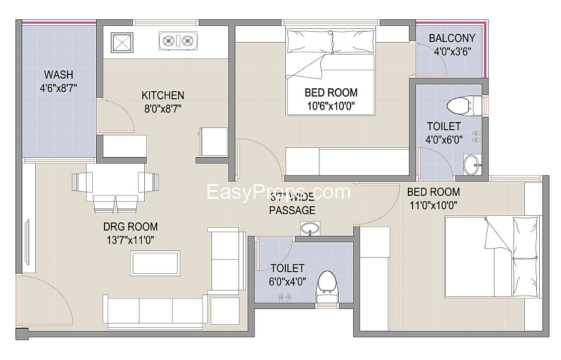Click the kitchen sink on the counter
tap(121, 42)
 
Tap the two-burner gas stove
tap(178, 40)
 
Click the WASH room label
tap(59, 75)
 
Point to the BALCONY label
tap(452, 38)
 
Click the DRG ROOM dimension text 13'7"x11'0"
tap(130, 240)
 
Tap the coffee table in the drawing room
tap(155, 263)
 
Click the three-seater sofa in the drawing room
tap(154, 311)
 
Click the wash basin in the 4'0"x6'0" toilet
tap(472, 164)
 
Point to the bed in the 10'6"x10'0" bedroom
tap(330, 72)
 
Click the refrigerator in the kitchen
tap(213, 141)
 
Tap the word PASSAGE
tap(292, 210)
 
